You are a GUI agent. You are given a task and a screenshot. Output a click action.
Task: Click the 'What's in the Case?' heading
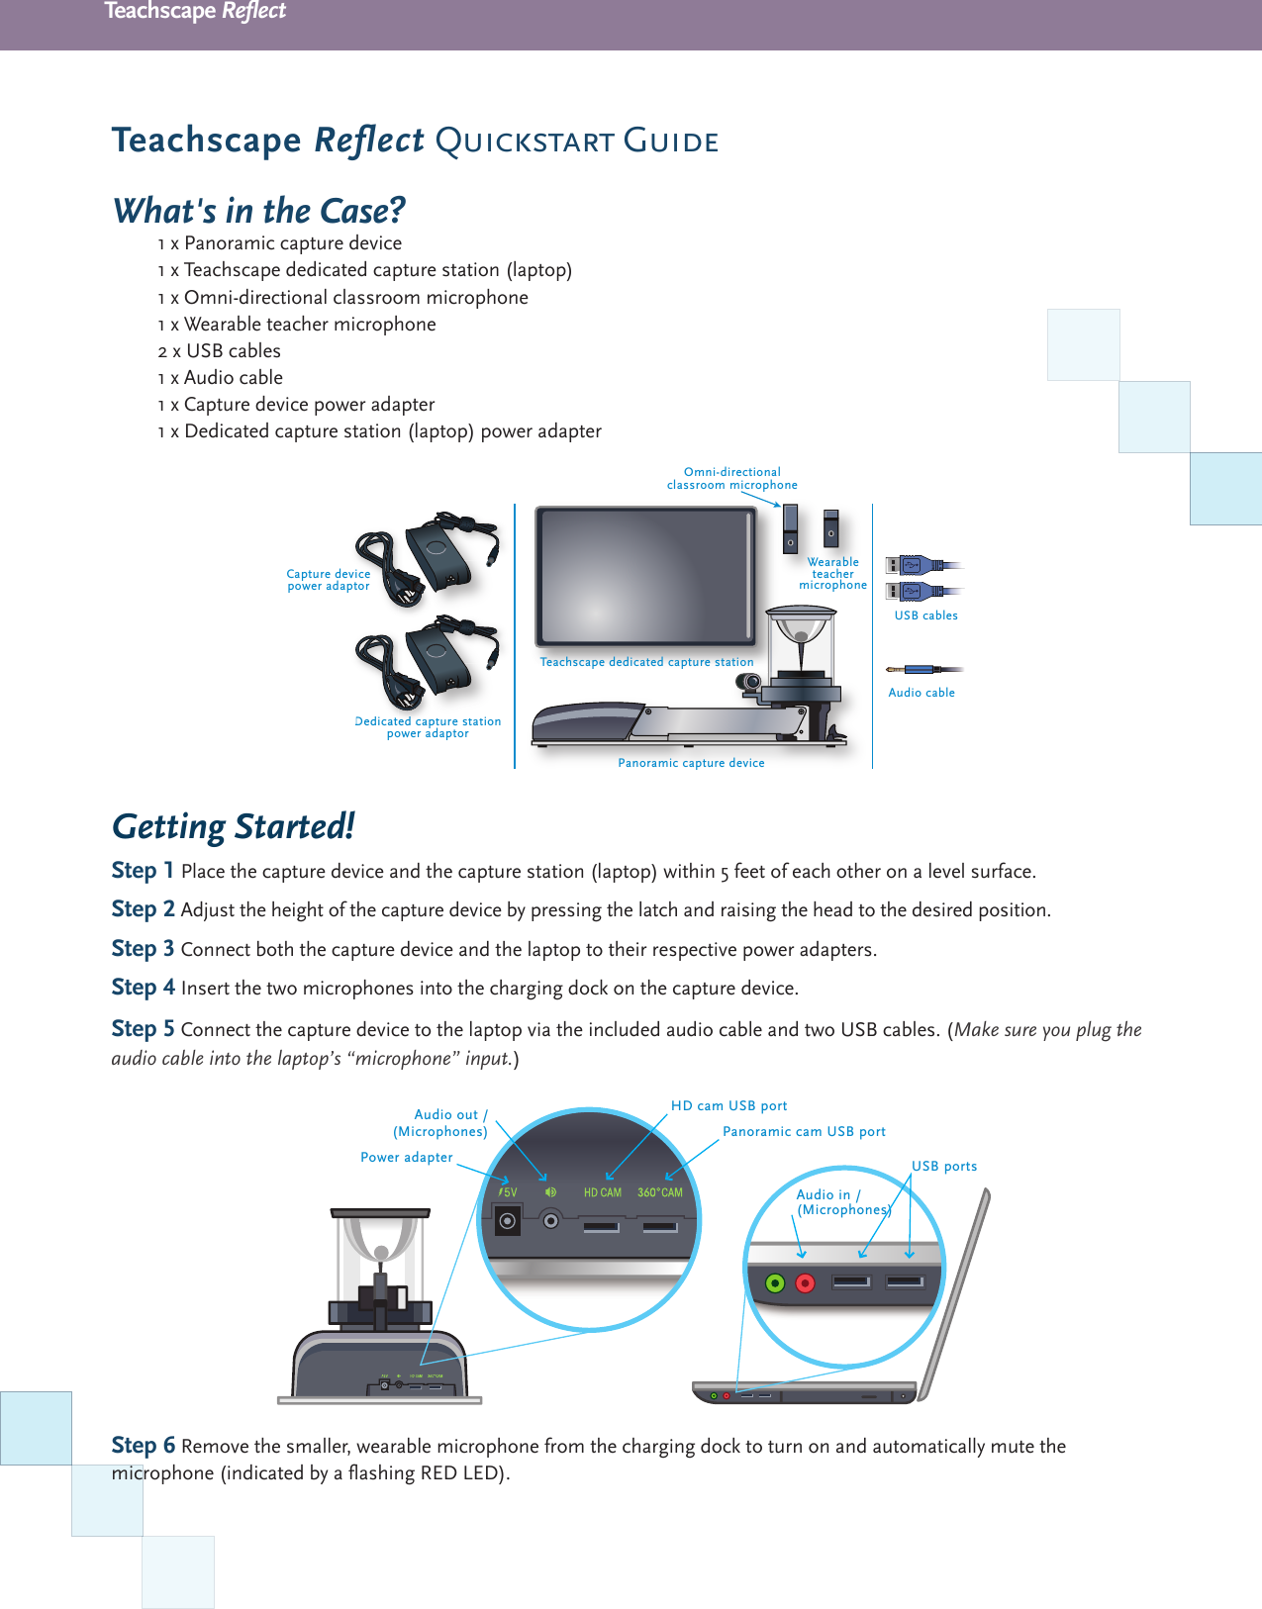pos(259,211)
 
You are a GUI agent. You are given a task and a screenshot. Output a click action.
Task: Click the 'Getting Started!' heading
pos(233,826)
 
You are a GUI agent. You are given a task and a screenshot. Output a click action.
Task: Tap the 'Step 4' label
pos(143,988)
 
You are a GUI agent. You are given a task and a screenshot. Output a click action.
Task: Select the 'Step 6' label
pos(143,1445)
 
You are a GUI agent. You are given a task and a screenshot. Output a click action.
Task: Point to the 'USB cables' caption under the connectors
pos(925,615)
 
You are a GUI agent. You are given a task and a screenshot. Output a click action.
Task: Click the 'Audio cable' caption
pos(922,693)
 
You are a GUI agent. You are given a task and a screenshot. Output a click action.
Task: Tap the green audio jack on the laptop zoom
pos(776,1283)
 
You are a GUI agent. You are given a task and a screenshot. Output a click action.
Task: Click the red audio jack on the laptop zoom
pos(806,1283)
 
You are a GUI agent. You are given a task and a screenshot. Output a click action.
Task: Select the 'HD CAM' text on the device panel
pos(602,1192)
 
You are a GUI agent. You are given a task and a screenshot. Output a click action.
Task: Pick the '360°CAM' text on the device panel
pos(660,1192)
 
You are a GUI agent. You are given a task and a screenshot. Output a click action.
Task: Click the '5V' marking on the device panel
pos(508,1192)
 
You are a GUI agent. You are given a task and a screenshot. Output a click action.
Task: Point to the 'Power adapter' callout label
pos(406,1157)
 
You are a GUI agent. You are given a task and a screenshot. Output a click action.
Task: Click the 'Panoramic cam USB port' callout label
pos(804,1131)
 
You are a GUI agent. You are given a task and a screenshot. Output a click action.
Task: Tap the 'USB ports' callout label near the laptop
pos(944,1166)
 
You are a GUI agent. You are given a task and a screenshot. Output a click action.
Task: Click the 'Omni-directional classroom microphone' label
pos(731,479)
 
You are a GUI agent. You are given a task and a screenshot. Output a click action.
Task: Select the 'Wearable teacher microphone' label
pos(832,574)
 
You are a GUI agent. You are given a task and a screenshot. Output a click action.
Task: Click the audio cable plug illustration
pos(922,670)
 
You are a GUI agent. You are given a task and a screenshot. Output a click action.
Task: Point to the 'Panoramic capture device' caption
pos(691,763)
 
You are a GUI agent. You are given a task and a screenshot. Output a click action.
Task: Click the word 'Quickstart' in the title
pos(525,142)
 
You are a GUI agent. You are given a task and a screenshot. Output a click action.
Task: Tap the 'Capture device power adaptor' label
pos(329,580)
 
